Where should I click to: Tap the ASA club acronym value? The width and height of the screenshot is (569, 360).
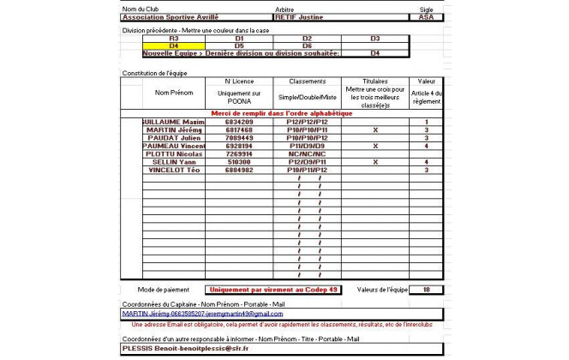(x=426, y=16)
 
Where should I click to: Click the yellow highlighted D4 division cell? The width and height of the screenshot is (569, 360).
(x=174, y=45)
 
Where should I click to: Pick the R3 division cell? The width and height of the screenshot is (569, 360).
(x=174, y=39)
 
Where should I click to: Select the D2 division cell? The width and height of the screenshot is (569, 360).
(x=306, y=39)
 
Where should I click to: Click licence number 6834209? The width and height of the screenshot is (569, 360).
(x=237, y=122)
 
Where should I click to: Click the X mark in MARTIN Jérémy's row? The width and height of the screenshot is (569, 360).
(x=374, y=129)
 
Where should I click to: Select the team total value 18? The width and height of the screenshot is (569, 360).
(x=426, y=290)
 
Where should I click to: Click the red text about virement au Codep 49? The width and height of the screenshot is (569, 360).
(x=273, y=290)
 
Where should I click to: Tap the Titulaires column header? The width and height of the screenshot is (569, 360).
(x=374, y=81)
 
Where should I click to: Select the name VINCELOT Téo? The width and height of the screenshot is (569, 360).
(x=175, y=170)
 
